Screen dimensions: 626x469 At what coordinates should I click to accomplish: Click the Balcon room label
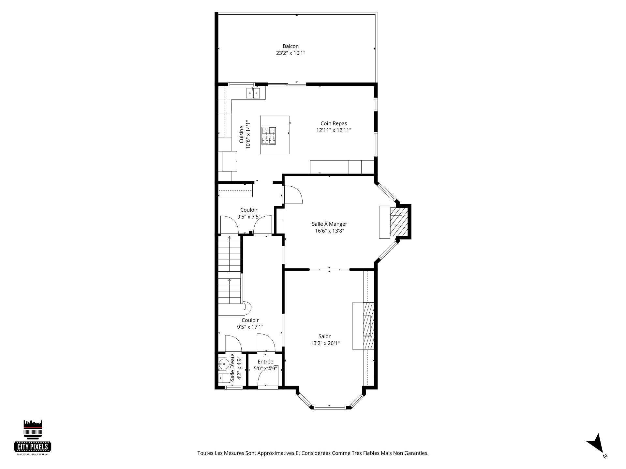tap(291, 46)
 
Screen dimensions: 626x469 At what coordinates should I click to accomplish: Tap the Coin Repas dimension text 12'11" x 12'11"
tap(334, 130)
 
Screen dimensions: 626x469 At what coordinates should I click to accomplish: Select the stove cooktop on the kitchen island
tap(268, 136)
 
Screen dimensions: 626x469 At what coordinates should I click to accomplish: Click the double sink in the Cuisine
tap(253, 93)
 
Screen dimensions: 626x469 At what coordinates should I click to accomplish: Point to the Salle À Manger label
tap(329, 224)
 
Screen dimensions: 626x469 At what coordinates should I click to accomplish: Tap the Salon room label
tap(325, 336)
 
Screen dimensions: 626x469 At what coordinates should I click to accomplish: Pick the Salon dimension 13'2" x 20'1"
tap(325, 343)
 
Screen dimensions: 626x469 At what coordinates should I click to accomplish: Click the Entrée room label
tap(265, 362)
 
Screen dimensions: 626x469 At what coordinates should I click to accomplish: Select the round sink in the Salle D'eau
tap(223, 363)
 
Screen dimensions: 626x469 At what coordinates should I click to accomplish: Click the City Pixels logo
tap(33, 437)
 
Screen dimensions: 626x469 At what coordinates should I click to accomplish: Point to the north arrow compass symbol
tap(596, 451)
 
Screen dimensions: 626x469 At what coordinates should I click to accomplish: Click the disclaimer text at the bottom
tap(313, 453)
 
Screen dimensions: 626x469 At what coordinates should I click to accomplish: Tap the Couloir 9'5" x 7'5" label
tap(249, 213)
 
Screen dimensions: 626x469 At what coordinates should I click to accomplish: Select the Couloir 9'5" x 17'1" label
tap(250, 324)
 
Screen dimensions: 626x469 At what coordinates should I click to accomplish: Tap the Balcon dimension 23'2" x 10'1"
tap(291, 53)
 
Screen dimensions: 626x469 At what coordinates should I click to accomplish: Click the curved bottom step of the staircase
tap(246, 306)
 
